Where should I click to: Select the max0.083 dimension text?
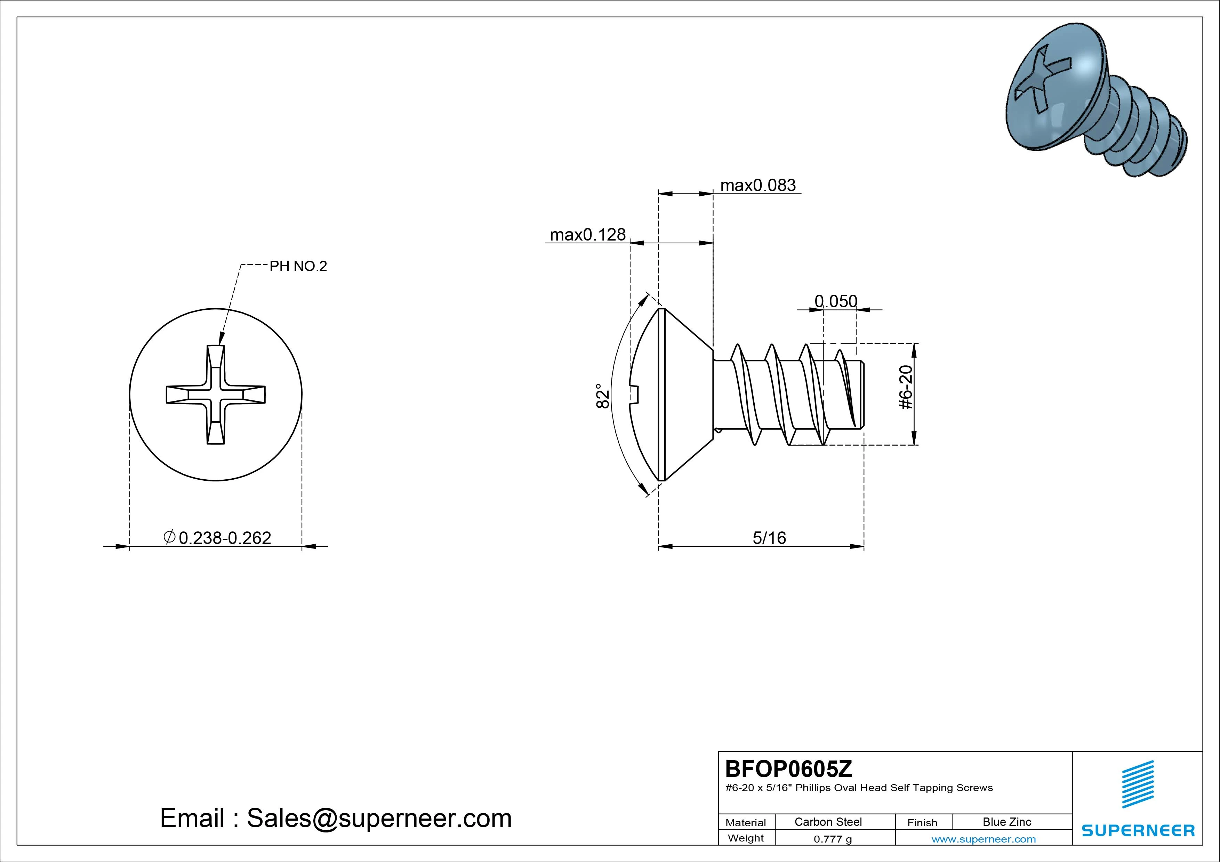pyautogui.click(x=758, y=185)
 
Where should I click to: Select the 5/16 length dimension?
pyautogui.click(x=769, y=538)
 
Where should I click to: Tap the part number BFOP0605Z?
pyautogui.click(x=788, y=768)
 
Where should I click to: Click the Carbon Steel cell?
pyautogui.click(x=828, y=822)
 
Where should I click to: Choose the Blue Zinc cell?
pyautogui.click(x=1007, y=822)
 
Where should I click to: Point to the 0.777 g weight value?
pyautogui.click(x=833, y=839)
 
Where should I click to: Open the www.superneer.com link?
pyautogui.click(x=984, y=839)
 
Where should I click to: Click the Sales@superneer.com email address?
pyautogui.click(x=379, y=819)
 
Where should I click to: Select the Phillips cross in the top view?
pyautogui.click(x=216, y=394)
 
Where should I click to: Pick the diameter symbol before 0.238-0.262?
pyautogui.click(x=169, y=537)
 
